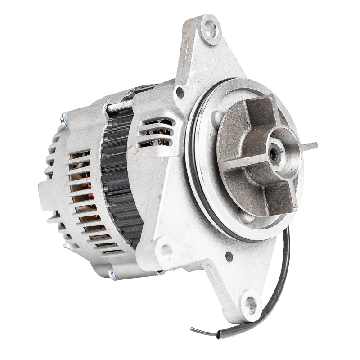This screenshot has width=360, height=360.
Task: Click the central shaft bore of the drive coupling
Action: (273, 153)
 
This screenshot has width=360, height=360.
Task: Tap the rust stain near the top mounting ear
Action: (185, 34)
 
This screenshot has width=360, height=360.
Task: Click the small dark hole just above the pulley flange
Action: (180, 93)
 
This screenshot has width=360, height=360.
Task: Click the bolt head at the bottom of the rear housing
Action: (112, 271)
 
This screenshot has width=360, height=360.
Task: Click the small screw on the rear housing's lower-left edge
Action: (65, 245)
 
